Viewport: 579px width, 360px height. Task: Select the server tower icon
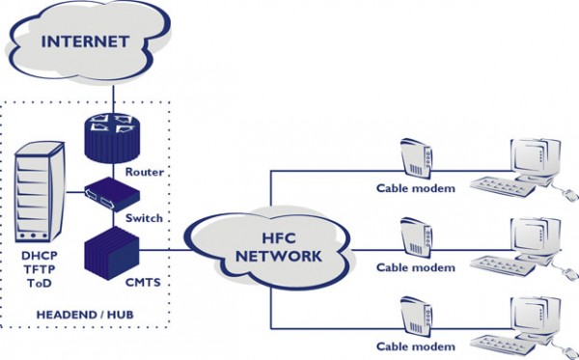(38, 192)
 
